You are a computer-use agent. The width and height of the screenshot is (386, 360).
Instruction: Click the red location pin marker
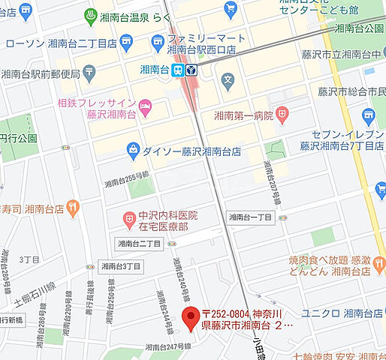click(x=190, y=319)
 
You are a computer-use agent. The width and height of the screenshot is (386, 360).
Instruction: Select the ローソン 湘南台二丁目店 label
click(x=68, y=43)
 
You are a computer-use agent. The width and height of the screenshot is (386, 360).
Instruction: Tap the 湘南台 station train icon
click(x=178, y=70)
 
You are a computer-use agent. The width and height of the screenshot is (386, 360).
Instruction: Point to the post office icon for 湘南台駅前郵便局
click(x=89, y=73)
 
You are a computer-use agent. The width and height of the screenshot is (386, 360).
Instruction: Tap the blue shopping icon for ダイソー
click(x=134, y=149)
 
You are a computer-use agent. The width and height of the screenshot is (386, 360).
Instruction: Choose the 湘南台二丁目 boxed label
click(x=140, y=244)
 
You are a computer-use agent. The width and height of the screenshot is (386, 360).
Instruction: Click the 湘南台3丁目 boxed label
click(x=120, y=265)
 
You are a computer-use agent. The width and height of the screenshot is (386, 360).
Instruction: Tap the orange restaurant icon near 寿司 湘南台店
click(x=71, y=207)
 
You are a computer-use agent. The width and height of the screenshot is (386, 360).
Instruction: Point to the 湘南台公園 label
click(x=360, y=28)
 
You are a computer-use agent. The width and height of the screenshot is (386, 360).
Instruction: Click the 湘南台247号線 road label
click(x=165, y=347)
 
